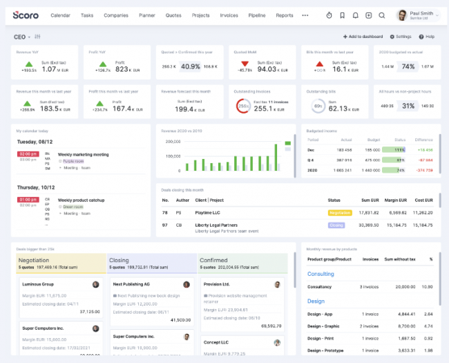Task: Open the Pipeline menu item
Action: click(256, 15)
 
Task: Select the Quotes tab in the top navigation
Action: click(173, 15)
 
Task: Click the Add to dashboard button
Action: click(363, 37)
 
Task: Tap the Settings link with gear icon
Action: click(401, 37)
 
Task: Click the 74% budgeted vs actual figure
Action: click(408, 66)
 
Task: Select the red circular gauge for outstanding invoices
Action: click(243, 106)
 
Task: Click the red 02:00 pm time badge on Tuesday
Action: click(28, 154)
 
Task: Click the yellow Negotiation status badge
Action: click(340, 213)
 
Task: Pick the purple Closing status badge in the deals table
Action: click(336, 225)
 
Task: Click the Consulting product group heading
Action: click(321, 274)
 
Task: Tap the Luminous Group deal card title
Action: click(39, 284)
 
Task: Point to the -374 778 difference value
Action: click(424, 169)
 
